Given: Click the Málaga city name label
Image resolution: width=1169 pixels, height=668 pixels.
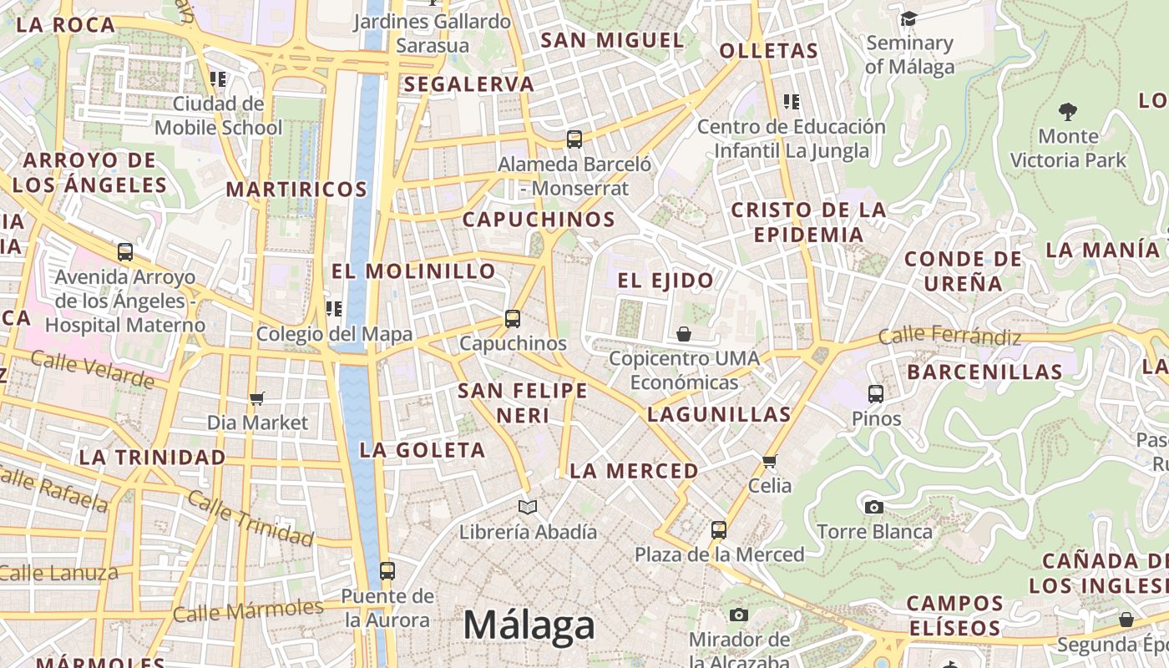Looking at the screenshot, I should [529, 625].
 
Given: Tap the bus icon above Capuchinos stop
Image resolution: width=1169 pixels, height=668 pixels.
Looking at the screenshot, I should [513, 318].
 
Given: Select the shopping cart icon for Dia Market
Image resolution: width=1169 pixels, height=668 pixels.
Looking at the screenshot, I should [257, 398].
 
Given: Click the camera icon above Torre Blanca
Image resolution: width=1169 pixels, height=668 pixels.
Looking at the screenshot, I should [874, 507].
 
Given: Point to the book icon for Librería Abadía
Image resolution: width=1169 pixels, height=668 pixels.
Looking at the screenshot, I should [528, 507].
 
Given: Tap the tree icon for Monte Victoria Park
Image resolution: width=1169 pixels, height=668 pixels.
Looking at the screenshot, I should [1067, 111].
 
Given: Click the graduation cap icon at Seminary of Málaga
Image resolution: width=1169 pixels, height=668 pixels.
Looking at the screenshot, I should [908, 18].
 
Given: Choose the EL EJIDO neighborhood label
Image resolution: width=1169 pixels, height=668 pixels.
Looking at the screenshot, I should [666, 281].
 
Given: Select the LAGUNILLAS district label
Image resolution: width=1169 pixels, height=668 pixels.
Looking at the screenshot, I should [719, 414].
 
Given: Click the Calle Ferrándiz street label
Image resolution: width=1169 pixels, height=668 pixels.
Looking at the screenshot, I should [949, 337].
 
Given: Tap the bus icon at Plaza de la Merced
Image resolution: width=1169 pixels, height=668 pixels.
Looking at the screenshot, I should [719, 529].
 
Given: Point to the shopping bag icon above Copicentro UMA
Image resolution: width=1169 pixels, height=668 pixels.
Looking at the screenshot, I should [684, 334].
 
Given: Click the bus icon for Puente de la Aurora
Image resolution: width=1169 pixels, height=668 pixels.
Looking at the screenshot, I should [387, 571].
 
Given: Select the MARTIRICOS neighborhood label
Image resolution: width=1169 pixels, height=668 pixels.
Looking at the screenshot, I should [296, 190].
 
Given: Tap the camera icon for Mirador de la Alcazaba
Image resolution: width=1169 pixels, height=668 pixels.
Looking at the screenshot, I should [738, 615].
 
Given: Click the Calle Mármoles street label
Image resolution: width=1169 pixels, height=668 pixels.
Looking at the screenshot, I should [247, 610].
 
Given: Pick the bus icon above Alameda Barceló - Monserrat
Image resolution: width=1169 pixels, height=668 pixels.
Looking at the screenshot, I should [574, 139].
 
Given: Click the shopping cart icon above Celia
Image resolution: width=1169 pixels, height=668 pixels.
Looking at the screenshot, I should [770, 461].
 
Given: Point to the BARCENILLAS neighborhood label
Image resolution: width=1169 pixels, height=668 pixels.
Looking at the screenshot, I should [984, 372].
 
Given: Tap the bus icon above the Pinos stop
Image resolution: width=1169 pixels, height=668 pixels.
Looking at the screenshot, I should [876, 393].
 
